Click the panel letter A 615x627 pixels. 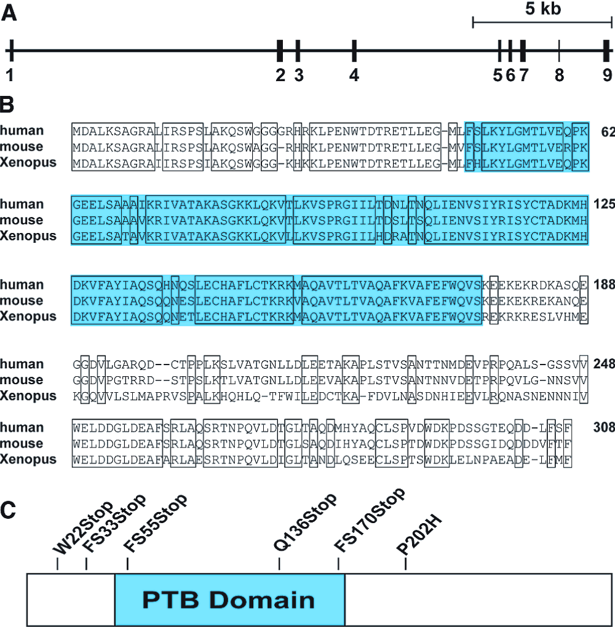pos(9,12)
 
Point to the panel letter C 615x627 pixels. pos(9,510)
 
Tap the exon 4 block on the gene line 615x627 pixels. pos(354,50)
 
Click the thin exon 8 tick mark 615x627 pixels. pos(558,50)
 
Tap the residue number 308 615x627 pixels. pos(605,427)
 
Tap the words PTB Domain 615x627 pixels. pos(228,599)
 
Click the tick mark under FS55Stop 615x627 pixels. pos(127,564)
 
